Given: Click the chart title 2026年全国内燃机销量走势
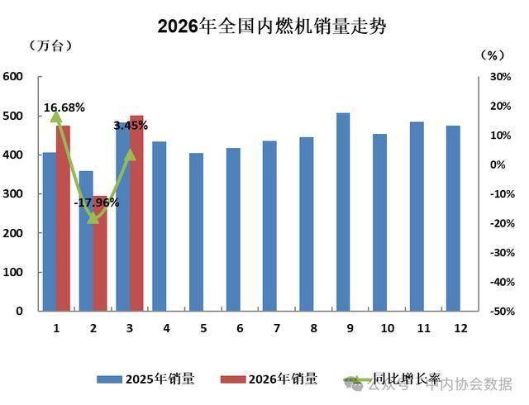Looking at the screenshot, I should (x=272, y=26).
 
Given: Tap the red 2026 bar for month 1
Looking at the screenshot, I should (x=64, y=219).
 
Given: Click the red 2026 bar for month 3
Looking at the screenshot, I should (x=136, y=214).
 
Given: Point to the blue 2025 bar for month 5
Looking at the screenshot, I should (x=196, y=232).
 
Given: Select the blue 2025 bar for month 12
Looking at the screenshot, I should (x=453, y=219).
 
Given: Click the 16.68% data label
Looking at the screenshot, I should (x=64, y=107).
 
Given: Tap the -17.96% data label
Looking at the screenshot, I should (x=97, y=202).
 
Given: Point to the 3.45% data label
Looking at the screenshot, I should (x=131, y=126).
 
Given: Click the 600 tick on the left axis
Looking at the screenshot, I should (x=12, y=77).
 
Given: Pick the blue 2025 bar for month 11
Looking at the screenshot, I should (x=417, y=217).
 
